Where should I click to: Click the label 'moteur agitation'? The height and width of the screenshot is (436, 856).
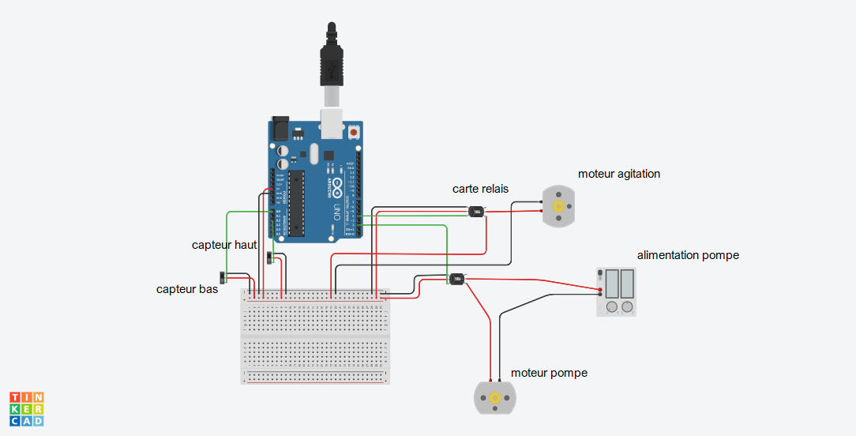[x=618, y=174]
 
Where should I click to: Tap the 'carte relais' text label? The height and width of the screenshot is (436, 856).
[x=480, y=189]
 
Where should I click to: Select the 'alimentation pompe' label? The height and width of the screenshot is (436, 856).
[x=688, y=255]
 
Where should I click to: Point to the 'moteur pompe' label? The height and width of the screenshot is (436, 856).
[x=549, y=373]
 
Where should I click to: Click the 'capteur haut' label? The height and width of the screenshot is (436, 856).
[x=224, y=245]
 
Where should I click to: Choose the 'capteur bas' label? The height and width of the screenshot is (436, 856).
[x=187, y=289]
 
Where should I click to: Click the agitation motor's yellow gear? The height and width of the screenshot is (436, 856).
[x=559, y=206]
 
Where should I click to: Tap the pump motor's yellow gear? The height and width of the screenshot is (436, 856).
[x=495, y=397]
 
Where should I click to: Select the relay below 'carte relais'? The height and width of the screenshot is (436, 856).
[x=477, y=212]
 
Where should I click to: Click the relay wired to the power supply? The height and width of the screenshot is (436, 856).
[x=456, y=279]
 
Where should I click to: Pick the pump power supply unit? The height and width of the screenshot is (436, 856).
[x=616, y=291]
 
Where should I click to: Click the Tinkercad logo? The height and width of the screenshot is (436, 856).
[x=27, y=408]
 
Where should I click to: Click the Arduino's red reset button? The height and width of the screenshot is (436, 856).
[x=353, y=133]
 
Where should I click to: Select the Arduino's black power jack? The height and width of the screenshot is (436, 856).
[x=280, y=128]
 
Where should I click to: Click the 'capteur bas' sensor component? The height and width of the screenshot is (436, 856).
[x=225, y=277]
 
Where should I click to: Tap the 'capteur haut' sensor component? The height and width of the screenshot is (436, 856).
[x=270, y=258]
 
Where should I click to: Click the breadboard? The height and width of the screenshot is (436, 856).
[x=315, y=336]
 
